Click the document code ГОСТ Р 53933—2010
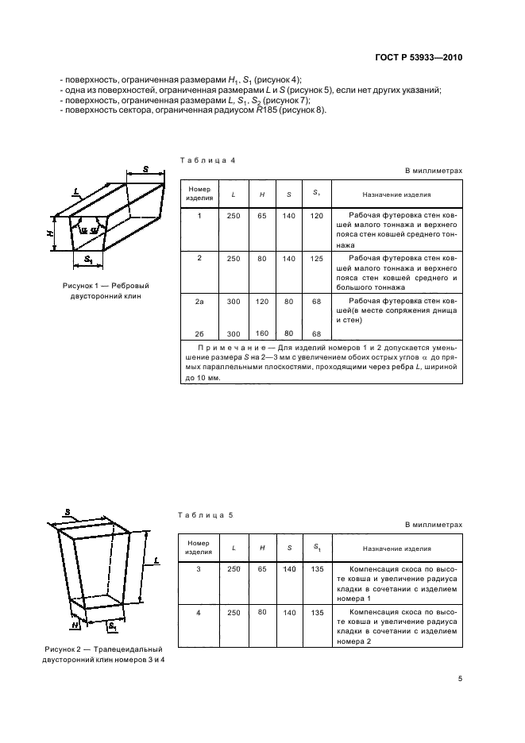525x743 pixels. (x=419, y=58)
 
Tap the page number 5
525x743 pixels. (x=460, y=678)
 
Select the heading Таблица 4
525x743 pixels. (x=207, y=160)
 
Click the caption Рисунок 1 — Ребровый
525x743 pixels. (x=106, y=285)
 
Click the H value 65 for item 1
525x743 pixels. (x=262, y=216)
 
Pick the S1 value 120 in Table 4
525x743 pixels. (x=316, y=216)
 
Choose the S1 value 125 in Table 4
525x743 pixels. (x=316, y=258)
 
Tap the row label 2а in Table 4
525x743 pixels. (x=199, y=302)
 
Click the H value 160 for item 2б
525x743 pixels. (x=262, y=333)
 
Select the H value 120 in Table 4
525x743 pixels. (x=262, y=302)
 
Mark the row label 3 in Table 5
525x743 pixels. (x=199, y=570)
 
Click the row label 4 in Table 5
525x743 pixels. (x=199, y=613)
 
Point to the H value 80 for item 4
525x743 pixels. (x=262, y=612)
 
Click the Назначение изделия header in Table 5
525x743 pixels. (x=396, y=549)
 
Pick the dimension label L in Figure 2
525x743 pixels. (x=156, y=561)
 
